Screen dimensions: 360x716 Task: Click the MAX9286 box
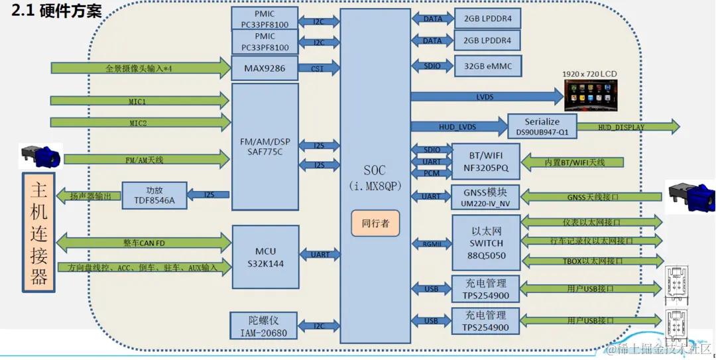click(265, 68)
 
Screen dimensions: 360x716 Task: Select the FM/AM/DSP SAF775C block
click(265, 147)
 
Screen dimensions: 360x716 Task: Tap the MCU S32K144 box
click(265, 257)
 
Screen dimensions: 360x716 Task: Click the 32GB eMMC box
click(488, 66)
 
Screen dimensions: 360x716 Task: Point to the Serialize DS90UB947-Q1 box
click(542, 127)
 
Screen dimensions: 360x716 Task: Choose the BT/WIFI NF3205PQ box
click(484, 162)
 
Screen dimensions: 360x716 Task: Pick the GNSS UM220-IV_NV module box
click(485, 198)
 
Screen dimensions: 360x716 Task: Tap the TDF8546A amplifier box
click(154, 195)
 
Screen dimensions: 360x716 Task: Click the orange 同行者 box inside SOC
click(375, 222)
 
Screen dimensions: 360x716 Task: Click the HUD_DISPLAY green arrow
click(626, 127)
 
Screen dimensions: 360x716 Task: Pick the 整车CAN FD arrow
click(143, 243)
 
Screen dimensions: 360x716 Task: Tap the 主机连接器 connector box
click(39, 232)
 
